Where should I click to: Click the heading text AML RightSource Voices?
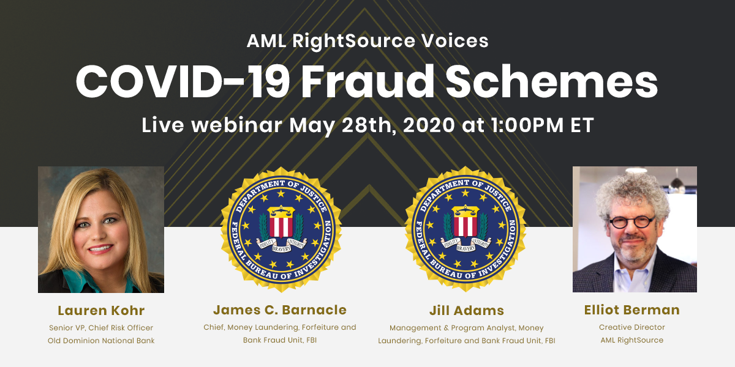coord(367,41)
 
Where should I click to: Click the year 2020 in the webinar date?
coord(413,125)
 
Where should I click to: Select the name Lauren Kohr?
coord(101,310)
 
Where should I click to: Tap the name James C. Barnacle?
coord(280,310)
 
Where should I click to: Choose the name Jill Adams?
coord(466,310)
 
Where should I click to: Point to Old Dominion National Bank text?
coord(101,340)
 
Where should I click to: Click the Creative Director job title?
coord(631,327)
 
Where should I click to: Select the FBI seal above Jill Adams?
coord(467,228)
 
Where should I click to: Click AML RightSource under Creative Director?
coord(631,340)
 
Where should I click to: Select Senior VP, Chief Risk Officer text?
coord(101,327)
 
